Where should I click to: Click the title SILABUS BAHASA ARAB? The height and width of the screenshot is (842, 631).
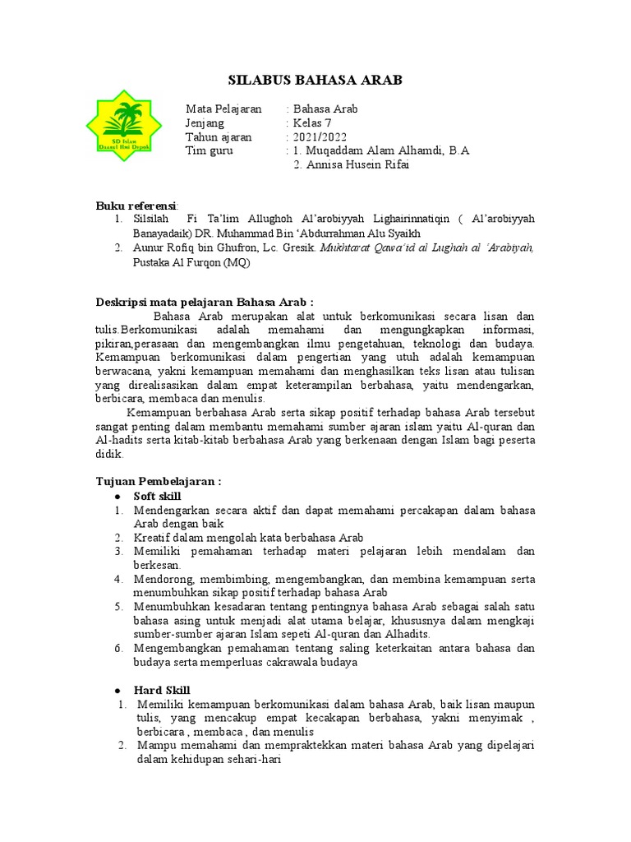pos(315,80)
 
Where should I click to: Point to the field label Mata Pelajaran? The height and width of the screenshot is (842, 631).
pos(223,109)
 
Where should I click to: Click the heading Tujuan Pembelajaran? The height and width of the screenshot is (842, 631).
pos(159,481)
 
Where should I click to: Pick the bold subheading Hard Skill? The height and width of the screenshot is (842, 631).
pos(162,690)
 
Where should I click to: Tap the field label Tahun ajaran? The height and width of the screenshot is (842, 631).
pos(219,136)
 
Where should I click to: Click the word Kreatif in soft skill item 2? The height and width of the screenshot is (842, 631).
pos(153,537)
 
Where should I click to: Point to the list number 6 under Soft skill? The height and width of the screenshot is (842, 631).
pos(118,648)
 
